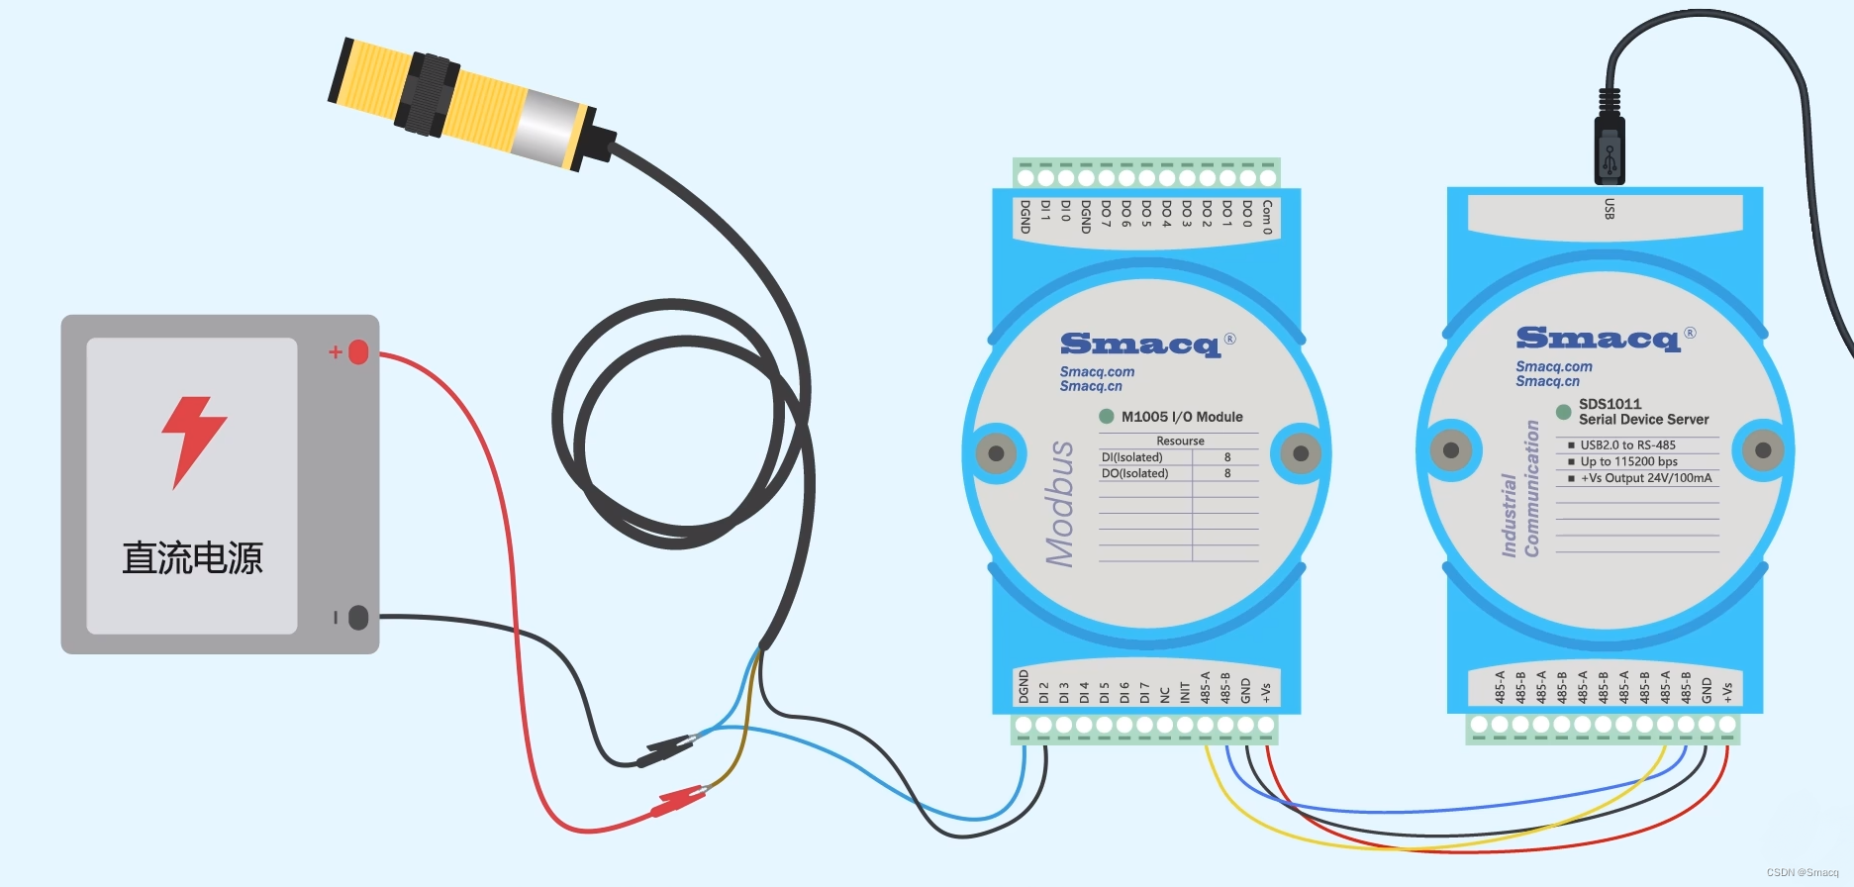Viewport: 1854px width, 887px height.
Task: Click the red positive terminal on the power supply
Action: pos(358,351)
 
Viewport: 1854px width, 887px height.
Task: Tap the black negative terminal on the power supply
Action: pos(358,618)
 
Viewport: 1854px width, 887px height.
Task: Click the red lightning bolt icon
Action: pos(194,442)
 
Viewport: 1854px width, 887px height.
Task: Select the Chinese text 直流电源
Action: pos(192,558)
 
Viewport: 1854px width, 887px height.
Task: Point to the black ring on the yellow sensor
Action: pos(428,96)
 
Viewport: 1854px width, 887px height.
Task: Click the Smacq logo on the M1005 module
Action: pos(1140,344)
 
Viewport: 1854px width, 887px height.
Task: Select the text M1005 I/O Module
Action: pos(1182,417)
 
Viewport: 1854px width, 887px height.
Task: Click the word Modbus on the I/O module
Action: pos(1060,504)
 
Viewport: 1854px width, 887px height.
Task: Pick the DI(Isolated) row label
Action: pos(1131,457)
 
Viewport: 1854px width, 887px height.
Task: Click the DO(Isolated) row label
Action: pos(1134,474)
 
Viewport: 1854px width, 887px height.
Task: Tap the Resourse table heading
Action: pos(1180,441)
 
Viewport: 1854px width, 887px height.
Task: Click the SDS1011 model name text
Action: pos(1610,404)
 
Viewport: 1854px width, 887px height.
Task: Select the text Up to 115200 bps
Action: pos(1628,461)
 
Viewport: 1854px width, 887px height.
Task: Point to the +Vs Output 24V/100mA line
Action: pos(1645,478)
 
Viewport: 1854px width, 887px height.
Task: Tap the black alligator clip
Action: pos(663,750)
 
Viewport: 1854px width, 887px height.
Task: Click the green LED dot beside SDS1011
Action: pos(1564,412)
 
